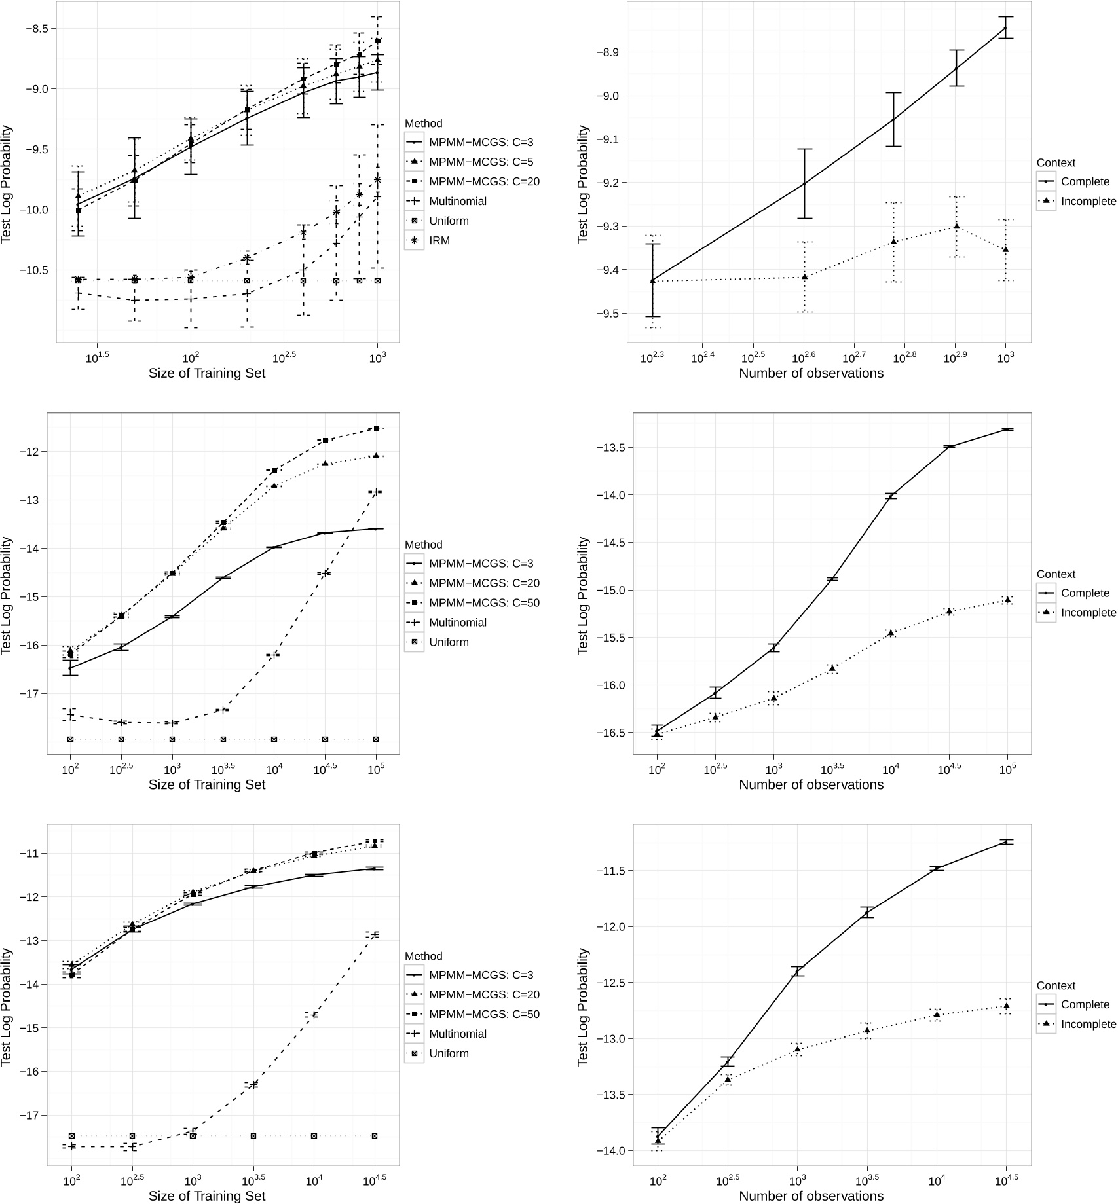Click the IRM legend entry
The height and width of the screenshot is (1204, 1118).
(x=439, y=240)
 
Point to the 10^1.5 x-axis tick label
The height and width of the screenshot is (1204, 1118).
(x=97, y=357)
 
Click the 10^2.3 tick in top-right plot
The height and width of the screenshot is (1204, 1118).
(x=652, y=357)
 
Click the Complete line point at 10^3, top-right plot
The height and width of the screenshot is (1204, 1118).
(x=1006, y=27)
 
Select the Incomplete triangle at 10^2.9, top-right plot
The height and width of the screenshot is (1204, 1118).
(x=956, y=227)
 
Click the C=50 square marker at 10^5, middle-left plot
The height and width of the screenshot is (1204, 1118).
(x=376, y=429)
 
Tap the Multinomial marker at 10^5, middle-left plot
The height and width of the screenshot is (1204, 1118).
(x=376, y=492)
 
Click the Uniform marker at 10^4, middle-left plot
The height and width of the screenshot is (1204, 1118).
(x=274, y=739)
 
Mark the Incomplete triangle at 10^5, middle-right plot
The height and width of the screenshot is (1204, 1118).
(x=1007, y=600)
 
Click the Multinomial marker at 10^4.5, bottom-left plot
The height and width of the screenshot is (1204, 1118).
(x=374, y=934)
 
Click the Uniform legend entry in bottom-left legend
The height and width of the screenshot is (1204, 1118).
(x=449, y=1053)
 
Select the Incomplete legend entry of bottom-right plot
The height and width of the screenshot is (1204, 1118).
(x=1088, y=1024)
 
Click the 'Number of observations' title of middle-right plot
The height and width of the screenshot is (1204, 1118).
(x=811, y=784)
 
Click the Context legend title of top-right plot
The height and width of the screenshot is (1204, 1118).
(x=1056, y=162)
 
